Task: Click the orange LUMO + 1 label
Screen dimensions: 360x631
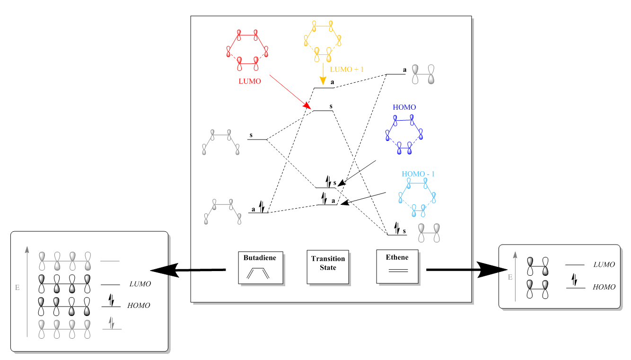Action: [347, 69]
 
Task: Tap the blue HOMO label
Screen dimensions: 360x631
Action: [404, 107]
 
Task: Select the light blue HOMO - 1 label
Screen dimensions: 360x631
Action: [418, 174]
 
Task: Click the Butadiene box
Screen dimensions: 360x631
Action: [261, 267]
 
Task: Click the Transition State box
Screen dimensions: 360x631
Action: [328, 267]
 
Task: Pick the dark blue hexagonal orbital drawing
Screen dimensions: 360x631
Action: [404, 134]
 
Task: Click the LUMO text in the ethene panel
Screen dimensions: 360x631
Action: [604, 264]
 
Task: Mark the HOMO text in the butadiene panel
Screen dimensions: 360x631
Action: [139, 306]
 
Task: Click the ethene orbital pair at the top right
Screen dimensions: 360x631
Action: [423, 74]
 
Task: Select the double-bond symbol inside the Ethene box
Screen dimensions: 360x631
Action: [397, 271]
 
